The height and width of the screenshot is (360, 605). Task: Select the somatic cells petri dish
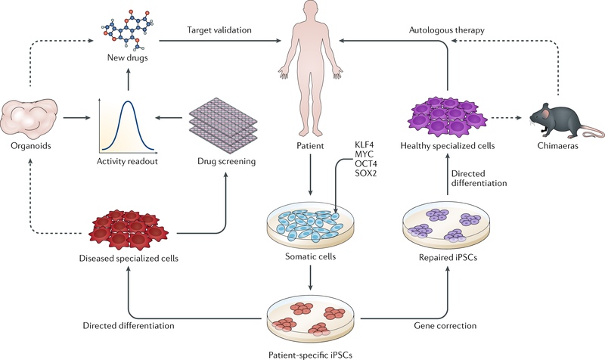tap(312, 224)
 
